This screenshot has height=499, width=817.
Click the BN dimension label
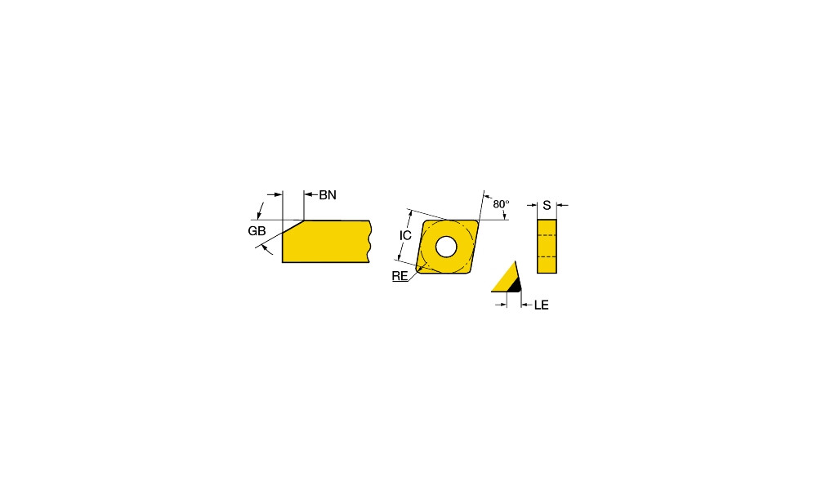tap(328, 195)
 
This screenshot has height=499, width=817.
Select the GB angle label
tap(257, 231)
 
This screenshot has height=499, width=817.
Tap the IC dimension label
tap(405, 235)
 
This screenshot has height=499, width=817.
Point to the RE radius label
tap(400, 276)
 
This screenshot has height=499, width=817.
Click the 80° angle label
tap(501, 204)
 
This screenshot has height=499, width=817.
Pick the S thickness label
tap(547, 205)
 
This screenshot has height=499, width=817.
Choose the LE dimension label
tap(542, 305)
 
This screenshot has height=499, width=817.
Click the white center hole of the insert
tap(446, 247)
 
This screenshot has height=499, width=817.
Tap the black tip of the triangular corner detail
tap(516, 286)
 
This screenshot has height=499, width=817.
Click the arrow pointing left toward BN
tap(311, 195)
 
